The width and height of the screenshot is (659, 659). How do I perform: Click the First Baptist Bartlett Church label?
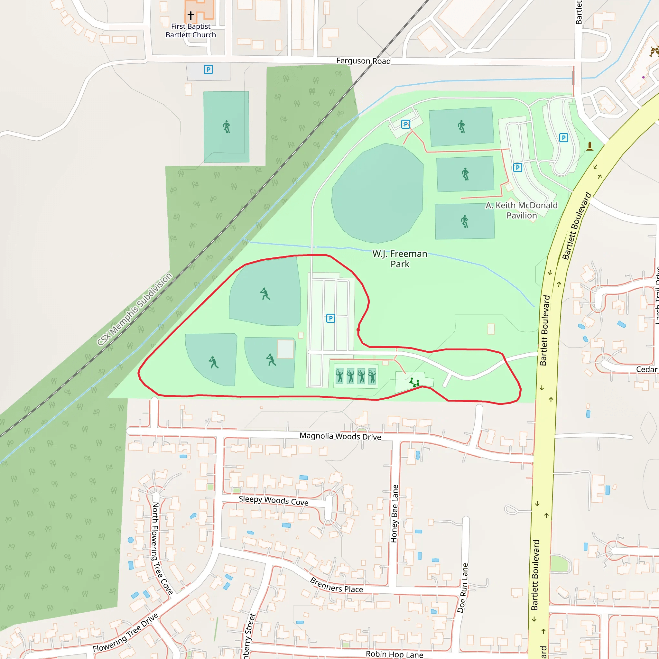coord(191,30)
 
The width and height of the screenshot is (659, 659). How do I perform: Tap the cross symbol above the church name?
coord(191,15)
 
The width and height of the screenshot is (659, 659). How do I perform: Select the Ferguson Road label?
coord(363,61)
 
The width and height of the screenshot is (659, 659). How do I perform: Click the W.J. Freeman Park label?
coord(399,259)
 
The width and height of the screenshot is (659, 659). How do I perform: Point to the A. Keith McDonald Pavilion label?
coord(522,210)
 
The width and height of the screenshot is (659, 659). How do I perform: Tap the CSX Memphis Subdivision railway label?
coord(135,309)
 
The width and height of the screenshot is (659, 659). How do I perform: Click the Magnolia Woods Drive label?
coord(340,436)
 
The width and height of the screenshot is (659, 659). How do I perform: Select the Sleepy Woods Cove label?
coord(273,500)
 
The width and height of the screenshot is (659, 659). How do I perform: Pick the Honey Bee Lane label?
coord(394,513)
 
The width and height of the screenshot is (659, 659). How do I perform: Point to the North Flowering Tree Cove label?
coord(162,548)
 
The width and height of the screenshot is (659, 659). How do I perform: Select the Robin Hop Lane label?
coord(394,654)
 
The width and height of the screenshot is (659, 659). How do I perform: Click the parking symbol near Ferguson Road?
coord(209,70)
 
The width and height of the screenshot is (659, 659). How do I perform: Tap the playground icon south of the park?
coord(414,382)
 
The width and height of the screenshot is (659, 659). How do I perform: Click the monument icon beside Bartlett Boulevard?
coord(590,146)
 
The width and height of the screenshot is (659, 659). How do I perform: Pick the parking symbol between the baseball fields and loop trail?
coord(330,318)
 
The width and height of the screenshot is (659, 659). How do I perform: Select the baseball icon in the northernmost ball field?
coord(265,294)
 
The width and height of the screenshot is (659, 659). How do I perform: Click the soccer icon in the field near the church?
coord(227,127)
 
